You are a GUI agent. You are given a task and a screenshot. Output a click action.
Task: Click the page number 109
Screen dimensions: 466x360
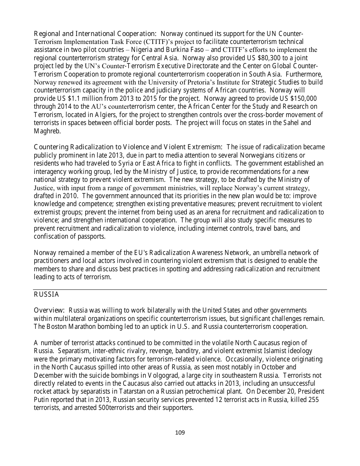[180, 433]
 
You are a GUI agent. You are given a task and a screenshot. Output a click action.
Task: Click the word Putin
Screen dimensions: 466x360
[41, 399]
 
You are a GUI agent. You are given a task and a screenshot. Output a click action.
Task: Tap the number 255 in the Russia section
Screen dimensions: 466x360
[319, 399]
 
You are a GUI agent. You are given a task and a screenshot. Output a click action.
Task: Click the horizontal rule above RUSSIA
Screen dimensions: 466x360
[180, 290]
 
